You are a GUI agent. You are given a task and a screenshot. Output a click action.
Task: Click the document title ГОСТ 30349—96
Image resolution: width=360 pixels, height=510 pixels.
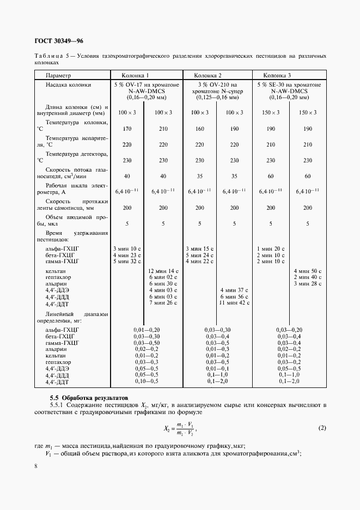pos(59,41)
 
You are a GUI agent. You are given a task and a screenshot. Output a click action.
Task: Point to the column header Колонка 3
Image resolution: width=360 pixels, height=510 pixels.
pos(277,75)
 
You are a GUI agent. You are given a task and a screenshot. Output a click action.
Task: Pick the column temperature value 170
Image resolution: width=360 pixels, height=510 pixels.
pos(128,129)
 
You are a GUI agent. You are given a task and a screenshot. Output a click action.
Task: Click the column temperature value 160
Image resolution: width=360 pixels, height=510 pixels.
pos(200,129)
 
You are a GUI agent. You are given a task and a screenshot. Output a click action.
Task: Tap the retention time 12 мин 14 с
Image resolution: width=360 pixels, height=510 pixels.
pos(164,271)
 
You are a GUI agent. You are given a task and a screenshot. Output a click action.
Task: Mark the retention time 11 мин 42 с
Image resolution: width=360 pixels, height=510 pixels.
pos(234,302)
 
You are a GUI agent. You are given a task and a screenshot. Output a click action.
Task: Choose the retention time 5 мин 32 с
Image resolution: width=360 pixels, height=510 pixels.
pos(127,261)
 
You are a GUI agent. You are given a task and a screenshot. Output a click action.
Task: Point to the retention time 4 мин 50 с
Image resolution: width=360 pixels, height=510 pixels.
pos(308,271)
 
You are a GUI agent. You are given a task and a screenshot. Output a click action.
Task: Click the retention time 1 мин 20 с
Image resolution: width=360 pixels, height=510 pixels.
pos(272,248)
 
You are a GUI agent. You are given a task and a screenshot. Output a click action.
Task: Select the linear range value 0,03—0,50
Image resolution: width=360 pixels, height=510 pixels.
pos(147,343)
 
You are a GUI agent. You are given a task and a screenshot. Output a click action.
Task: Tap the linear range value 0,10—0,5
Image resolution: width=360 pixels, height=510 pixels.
pos(147,381)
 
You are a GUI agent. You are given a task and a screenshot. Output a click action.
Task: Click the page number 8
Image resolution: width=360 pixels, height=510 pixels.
pos(35,466)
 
